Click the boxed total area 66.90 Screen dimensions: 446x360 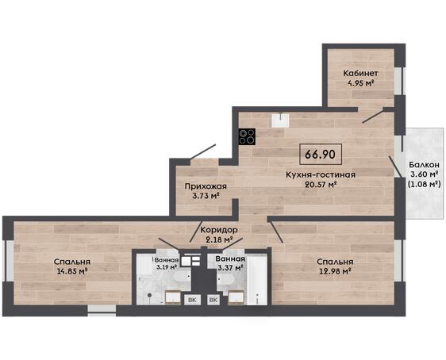tap(321, 155)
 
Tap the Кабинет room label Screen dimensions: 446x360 tap(360, 73)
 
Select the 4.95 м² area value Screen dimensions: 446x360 tap(360, 83)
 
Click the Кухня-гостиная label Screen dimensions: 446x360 tap(321, 174)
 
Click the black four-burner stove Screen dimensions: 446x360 tap(247, 136)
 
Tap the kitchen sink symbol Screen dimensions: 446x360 tap(280, 121)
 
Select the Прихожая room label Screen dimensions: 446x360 tap(206, 186)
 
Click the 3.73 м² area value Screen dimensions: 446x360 tap(206, 196)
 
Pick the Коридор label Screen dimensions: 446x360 tap(219, 230)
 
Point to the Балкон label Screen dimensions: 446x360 tap(425, 165)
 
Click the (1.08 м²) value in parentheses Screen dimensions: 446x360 tap(425, 184)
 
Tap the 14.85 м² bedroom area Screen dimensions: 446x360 tap(72, 271)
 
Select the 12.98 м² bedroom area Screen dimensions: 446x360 tap(335, 271)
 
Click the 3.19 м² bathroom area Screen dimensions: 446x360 tap(167, 267)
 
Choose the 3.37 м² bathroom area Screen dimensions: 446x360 tap(230, 268)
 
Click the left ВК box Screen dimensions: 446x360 tap(192, 300)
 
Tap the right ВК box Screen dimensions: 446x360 tap(213, 300)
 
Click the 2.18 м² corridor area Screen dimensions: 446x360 tap(219, 239)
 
